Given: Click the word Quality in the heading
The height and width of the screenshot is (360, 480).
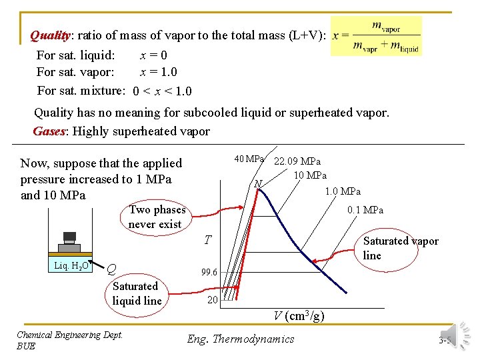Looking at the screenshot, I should coord(50,35).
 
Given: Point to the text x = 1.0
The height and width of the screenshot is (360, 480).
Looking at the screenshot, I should coord(158,72).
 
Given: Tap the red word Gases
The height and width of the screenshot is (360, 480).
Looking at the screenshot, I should coord(49,131).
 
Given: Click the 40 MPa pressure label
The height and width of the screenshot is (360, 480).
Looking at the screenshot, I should coord(249,159).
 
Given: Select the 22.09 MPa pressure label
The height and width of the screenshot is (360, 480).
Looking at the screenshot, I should coord(297,161).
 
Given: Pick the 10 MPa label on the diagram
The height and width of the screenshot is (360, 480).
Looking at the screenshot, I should coord(310,175).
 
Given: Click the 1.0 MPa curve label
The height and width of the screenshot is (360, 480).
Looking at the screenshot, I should coord(343,191).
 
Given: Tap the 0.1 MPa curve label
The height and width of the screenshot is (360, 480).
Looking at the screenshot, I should coord(365,210).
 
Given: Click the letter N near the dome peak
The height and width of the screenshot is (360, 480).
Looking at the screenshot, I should coord(259,183).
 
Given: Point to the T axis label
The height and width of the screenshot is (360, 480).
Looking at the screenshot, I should coord(208,239).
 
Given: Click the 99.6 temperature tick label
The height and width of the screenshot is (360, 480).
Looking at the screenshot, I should coord(209,272).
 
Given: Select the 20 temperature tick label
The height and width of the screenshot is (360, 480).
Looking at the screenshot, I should coord(212,299).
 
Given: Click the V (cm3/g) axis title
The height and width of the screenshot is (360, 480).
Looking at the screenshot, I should coord(299,316).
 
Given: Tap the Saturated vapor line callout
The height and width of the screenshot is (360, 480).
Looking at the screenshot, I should coord(400,248).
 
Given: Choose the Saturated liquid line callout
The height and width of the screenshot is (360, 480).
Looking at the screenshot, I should coord(136,293).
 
